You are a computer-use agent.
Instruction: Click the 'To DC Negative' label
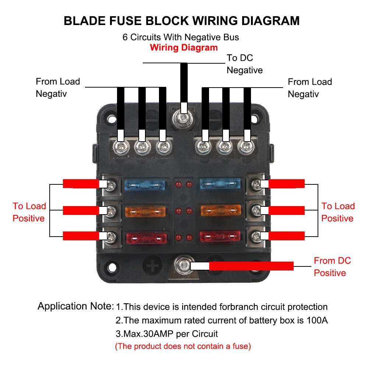(245, 64)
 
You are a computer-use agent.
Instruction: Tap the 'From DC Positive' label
(332, 267)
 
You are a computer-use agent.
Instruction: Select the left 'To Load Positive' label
(29, 212)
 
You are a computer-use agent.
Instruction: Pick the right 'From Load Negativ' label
(309, 88)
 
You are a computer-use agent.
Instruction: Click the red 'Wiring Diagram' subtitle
(184, 47)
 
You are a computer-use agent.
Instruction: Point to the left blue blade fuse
(146, 184)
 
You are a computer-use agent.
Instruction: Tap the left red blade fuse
(146, 237)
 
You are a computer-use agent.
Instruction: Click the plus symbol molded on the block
(152, 265)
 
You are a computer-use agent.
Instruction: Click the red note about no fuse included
(183, 346)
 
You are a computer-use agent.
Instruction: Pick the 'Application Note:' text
(75, 306)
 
